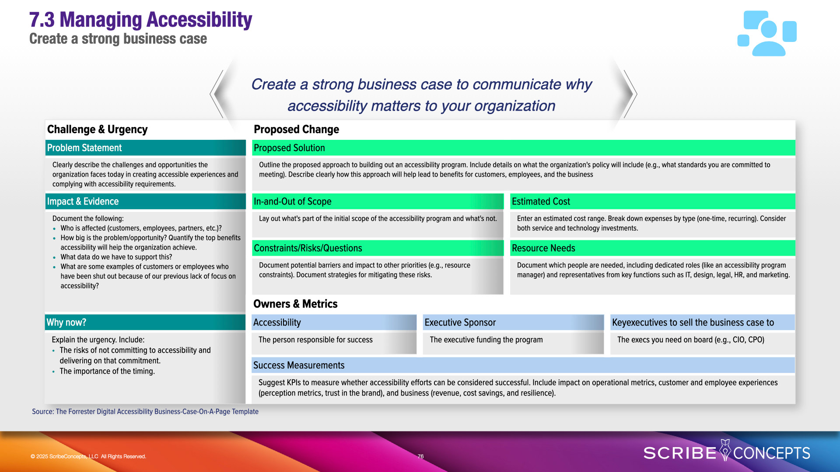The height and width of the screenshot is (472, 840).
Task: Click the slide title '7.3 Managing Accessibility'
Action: pyautogui.click(x=140, y=20)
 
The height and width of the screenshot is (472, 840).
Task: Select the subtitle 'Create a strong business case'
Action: pyautogui.click(x=118, y=39)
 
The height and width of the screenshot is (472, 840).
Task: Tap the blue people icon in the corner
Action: pyautogui.click(x=767, y=33)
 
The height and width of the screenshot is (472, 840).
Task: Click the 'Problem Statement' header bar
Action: pyautogui.click(x=145, y=148)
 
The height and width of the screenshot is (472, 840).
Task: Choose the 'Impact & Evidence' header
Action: pyautogui.click(x=145, y=201)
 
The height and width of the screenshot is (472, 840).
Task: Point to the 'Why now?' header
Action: pyautogui.click(x=145, y=323)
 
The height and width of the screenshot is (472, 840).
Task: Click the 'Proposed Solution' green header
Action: pyautogui.click(x=524, y=148)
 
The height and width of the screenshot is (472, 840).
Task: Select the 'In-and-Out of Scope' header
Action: pyautogui.click(x=378, y=201)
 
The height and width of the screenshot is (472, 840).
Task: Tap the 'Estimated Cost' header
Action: pyautogui.click(x=653, y=201)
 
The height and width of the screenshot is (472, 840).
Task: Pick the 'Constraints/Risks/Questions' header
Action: pyautogui.click(x=378, y=248)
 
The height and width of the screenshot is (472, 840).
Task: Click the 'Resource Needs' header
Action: pyautogui.click(x=653, y=248)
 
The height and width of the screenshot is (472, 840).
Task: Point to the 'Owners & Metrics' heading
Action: pyautogui.click(x=295, y=304)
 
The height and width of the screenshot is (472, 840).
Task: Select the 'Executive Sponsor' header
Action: pyautogui.click(x=513, y=323)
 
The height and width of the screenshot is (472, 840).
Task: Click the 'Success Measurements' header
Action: pyautogui.click(x=523, y=365)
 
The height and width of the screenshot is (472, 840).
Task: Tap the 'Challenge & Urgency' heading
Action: pyautogui.click(x=97, y=129)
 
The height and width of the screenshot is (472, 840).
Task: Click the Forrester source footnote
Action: pyautogui.click(x=145, y=412)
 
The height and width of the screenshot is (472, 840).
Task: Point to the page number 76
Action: pyautogui.click(x=420, y=456)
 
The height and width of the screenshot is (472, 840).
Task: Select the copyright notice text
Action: pyautogui.click(x=88, y=456)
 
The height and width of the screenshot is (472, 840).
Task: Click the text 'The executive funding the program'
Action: pyautogui.click(x=486, y=340)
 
